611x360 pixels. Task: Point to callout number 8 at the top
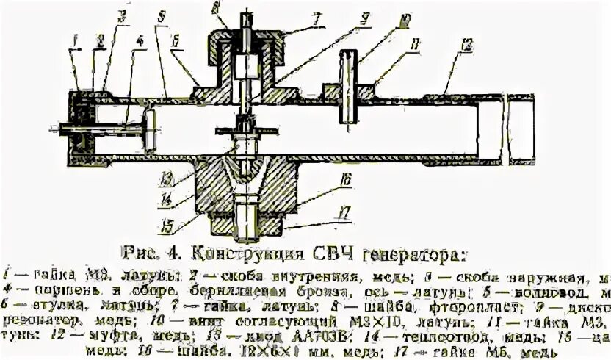click(218, 9)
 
